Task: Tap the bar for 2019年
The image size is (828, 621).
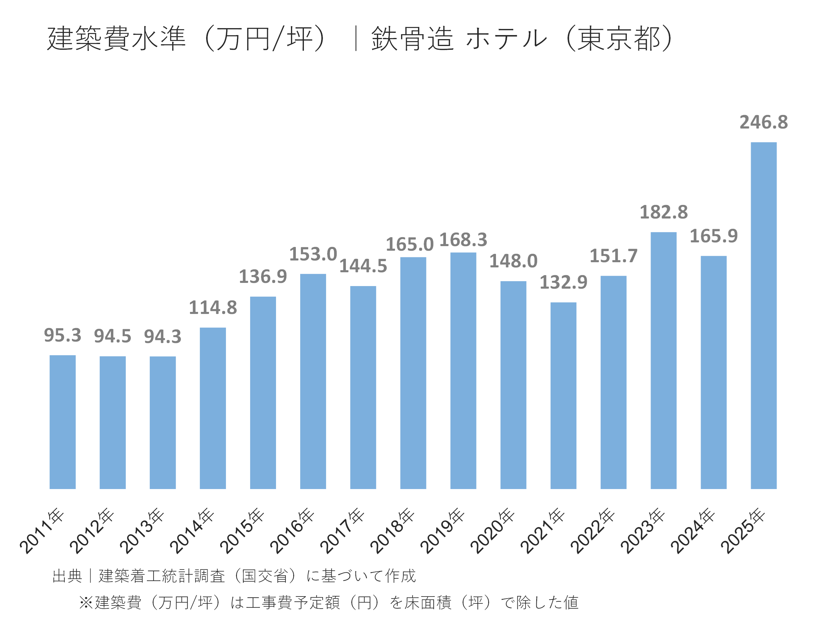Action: tap(463, 371)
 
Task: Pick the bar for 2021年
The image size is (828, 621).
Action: tap(563, 395)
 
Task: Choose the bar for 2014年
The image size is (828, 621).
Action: tap(213, 408)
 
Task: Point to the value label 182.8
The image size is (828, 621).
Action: tap(663, 212)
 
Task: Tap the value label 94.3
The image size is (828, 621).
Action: tap(162, 336)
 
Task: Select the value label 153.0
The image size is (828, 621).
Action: tap(313, 254)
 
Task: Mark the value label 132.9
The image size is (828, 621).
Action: tap(563, 282)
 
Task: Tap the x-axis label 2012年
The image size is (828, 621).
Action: tap(92, 531)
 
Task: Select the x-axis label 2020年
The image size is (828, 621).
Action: tap(492, 531)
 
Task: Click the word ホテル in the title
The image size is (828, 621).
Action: tap(506, 39)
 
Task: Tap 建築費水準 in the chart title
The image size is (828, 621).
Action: tap(116, 39)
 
